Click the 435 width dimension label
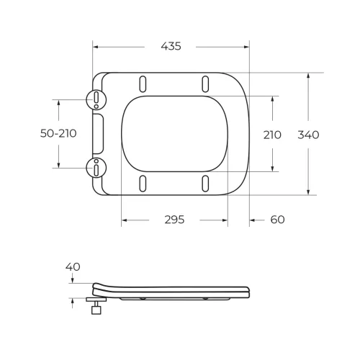click(171, 46)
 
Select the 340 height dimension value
click(308, 135)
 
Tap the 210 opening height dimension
click(272, 135)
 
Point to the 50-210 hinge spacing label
click(58, 133)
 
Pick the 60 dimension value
click(277, 219)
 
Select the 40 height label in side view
click(73, 266)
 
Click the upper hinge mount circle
click(96, 99)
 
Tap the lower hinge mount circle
click(96, 168)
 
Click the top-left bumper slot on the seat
click(143, 81)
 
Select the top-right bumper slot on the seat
click(206, 81)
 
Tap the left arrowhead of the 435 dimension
click(96, 47)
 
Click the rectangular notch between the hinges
click(99, 133)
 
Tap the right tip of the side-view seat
click(248, 291)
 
